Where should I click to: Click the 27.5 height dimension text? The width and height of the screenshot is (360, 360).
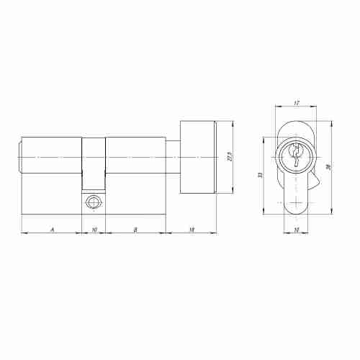[229, 157]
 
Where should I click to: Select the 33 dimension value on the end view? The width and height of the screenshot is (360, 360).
[261, 176]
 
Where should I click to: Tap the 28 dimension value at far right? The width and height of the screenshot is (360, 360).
[330, 167]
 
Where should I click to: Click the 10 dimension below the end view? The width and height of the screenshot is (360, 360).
[296, 230]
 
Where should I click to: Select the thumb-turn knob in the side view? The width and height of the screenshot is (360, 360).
[196, 157]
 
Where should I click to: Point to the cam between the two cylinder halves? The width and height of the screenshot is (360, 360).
[94, 166]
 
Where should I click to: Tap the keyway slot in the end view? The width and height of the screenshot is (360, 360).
[296, 155]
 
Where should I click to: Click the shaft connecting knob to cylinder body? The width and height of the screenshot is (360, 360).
[172, 157]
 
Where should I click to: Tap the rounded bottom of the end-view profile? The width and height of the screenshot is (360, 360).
[296, 210]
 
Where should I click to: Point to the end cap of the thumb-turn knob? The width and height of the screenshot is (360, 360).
[216, 157]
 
